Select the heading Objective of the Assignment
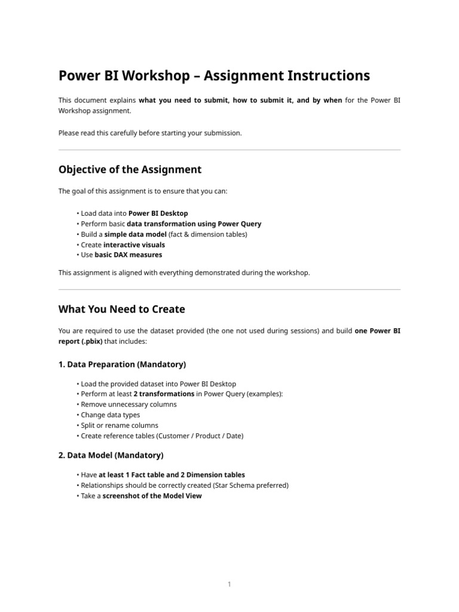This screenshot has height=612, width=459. (130, 169)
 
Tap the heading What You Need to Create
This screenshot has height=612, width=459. (121, 309)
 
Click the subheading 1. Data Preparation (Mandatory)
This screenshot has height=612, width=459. (122, 364)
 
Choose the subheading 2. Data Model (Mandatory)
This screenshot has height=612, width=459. (111, 455)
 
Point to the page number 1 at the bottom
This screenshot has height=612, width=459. (229, 585)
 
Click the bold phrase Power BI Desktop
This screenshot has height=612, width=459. (158, 213)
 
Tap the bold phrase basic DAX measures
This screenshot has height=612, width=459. (128, 255)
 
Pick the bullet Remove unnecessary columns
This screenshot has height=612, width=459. (128, 404)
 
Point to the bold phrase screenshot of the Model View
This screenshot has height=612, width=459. (152, 495)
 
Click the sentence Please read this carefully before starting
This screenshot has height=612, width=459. (149, 133)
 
